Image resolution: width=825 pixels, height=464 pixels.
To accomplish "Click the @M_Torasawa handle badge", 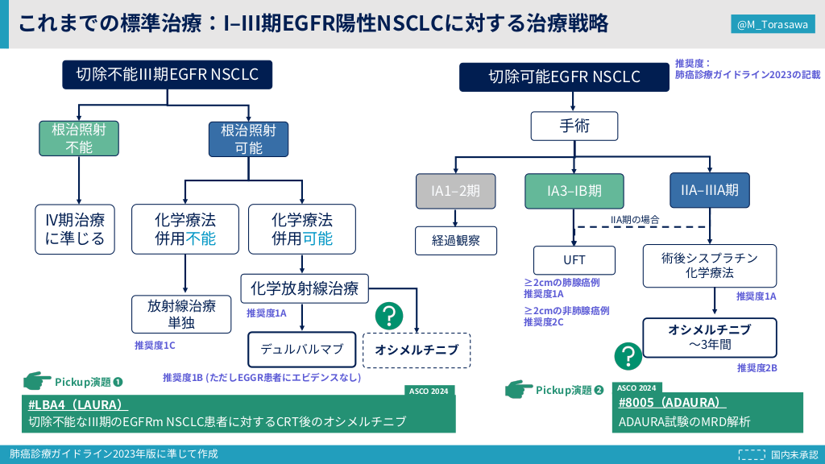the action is click(x=773, y=24).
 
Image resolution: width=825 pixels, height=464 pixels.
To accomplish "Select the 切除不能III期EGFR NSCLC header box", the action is click(x=168, y=75).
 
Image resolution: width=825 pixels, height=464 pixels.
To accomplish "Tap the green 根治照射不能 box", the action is click(x=79, y=139).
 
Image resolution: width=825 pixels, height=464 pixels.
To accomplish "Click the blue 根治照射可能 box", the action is click(x=248, y=139).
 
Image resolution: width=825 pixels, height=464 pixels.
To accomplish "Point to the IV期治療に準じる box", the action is click(x=75, y=230).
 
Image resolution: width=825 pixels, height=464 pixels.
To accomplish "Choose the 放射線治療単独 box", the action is click(x=181, y=314).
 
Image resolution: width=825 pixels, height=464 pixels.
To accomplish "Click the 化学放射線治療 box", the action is click(x=305, y=288).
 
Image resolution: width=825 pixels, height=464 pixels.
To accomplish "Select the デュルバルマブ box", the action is click(x=302, y=350).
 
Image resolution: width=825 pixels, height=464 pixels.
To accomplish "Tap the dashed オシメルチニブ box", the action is click(x=417, y=350).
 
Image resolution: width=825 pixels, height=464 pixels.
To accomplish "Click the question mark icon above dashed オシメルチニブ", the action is click(x=389, y=316).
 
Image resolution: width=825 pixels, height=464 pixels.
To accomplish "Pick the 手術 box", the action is click(x=574, y=126).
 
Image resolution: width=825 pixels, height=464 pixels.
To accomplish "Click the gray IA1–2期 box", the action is click(x=456, y=191).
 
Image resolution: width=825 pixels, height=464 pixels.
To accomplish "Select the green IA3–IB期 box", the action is click(x=574, y=191).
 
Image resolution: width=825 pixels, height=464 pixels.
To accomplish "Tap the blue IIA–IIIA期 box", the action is click(x=710, y=190).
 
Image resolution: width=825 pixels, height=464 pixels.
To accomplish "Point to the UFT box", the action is click(x=574, y=260).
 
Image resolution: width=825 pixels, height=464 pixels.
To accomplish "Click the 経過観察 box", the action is click(x=456, y=241).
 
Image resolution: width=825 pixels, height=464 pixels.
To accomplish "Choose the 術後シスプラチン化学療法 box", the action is click(x=710, y=266).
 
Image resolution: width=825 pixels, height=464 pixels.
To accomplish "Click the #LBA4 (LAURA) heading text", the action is click(x=78, y=404).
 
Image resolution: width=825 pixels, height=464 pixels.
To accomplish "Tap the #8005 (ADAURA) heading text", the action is click(x=672, y=403).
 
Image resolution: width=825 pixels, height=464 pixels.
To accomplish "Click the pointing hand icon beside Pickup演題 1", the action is click(x=37, y=380).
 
